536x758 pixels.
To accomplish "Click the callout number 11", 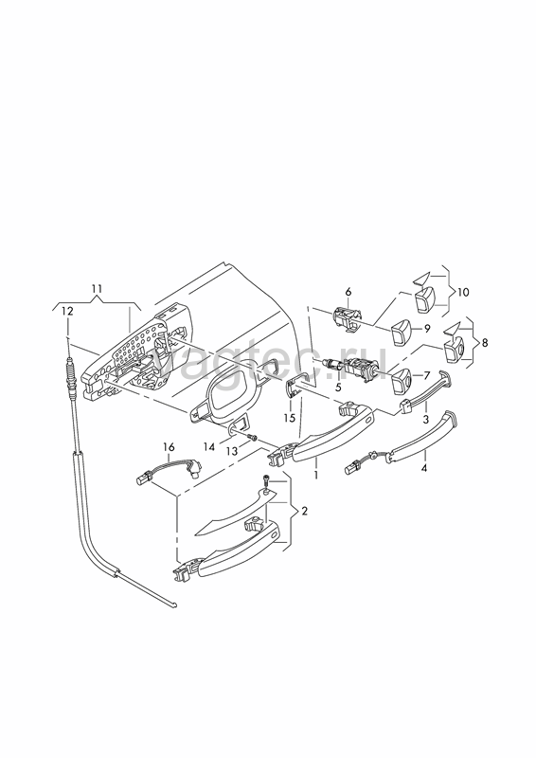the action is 97,289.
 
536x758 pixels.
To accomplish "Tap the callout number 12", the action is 67,312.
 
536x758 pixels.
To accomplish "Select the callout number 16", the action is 169,447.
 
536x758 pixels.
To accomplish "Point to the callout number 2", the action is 304,511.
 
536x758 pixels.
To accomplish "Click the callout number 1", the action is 316,476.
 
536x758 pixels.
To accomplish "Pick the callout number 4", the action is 424,467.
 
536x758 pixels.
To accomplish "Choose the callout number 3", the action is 425,419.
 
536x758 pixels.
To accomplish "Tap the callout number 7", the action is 427,375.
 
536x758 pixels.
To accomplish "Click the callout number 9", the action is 427,329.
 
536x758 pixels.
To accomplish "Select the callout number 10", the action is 462,292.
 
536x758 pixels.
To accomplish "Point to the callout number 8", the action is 485,343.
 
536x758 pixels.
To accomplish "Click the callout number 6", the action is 348,292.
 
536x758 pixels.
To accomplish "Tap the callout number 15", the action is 289,418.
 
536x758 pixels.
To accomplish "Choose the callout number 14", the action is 208,447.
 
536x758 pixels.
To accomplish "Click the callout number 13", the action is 232,451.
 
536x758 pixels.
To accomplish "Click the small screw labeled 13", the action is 252,438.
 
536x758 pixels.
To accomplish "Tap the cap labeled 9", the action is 401,333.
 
